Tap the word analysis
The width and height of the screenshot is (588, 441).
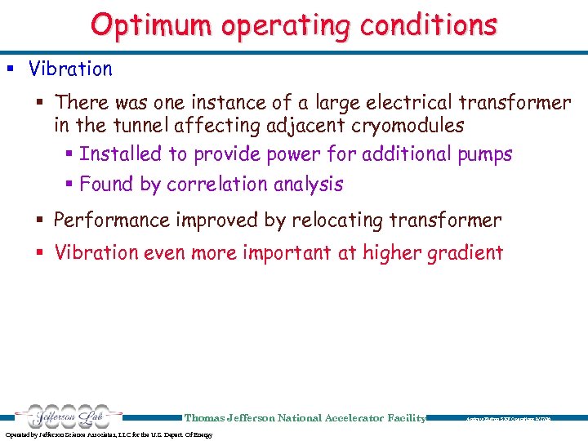coord(310,185)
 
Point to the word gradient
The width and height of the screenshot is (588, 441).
coord(461,253)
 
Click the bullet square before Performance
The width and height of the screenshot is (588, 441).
coord(43,220)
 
